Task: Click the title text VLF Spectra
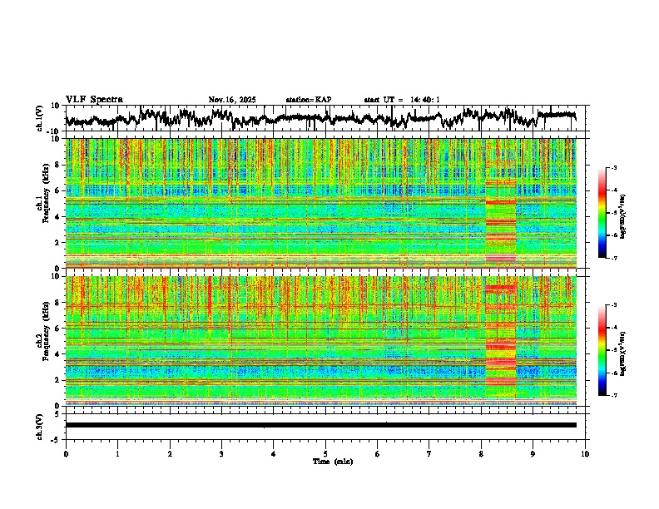(94, 100)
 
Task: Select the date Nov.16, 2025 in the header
(232, 100)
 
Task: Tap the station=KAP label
(309, 100)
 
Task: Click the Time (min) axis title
(332, 461)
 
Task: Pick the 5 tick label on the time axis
(325, 453)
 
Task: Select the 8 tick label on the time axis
(481, 453)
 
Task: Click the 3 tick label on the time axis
(221, 453)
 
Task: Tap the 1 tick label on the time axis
(117, 453)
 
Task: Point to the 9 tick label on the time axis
(533, 453)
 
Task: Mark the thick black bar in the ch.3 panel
(320, 425)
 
